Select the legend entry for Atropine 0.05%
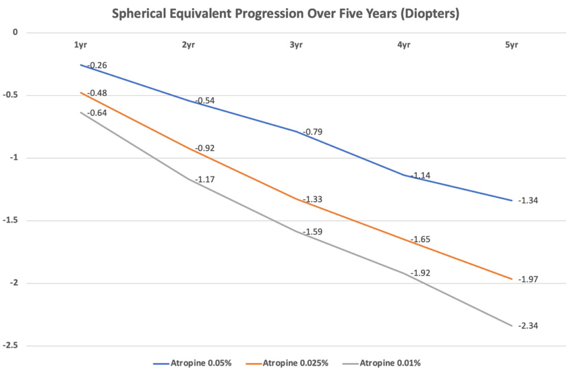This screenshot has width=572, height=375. point(193,363)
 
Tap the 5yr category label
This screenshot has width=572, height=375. point(511,46)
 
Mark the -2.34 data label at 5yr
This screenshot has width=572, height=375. point(528,326)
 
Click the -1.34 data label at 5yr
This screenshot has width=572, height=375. point(528,201)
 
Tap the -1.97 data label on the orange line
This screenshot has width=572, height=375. point(528,279)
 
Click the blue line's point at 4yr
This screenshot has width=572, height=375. point(403,175)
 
